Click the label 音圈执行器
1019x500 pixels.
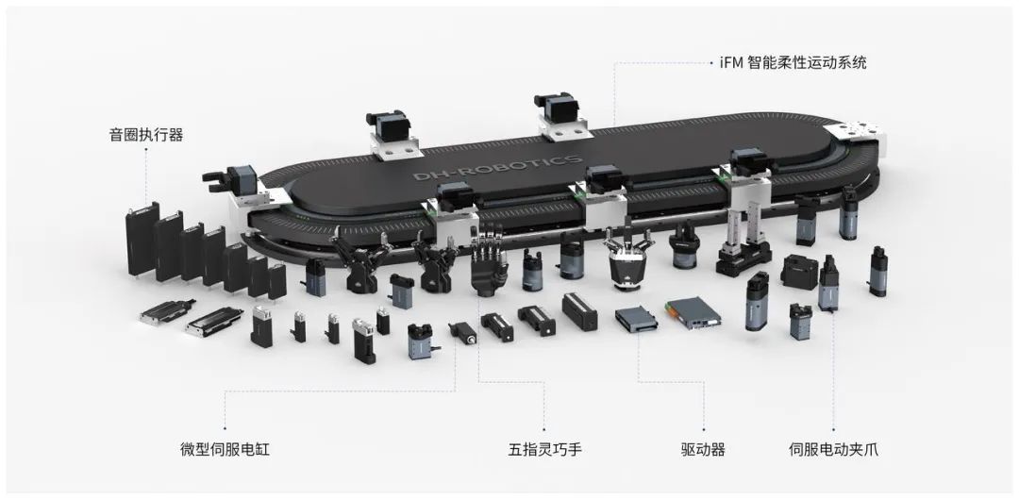pyautogui.click(x=146, y=135)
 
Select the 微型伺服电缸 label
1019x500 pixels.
pyautogui.click(x=225, y=449)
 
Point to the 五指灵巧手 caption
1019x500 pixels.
pyautogui.click(x=544, y=449)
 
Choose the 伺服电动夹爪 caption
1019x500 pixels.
pyautogui.click(x=834, y=449)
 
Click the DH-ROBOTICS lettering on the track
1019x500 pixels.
pyautogui.click(x=498, y=168)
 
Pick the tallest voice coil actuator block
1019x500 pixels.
pyautogui.click(x=142, y=238)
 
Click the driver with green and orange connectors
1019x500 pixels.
pyautogui.click(x=693, y=311)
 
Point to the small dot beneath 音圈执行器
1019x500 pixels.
pyautogui.click(x=145, y=149)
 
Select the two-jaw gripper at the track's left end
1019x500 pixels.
pyautogui.click(x=234, y=189)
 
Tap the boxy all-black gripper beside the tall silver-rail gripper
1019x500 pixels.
pyautogui.click(x=798, y=271)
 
